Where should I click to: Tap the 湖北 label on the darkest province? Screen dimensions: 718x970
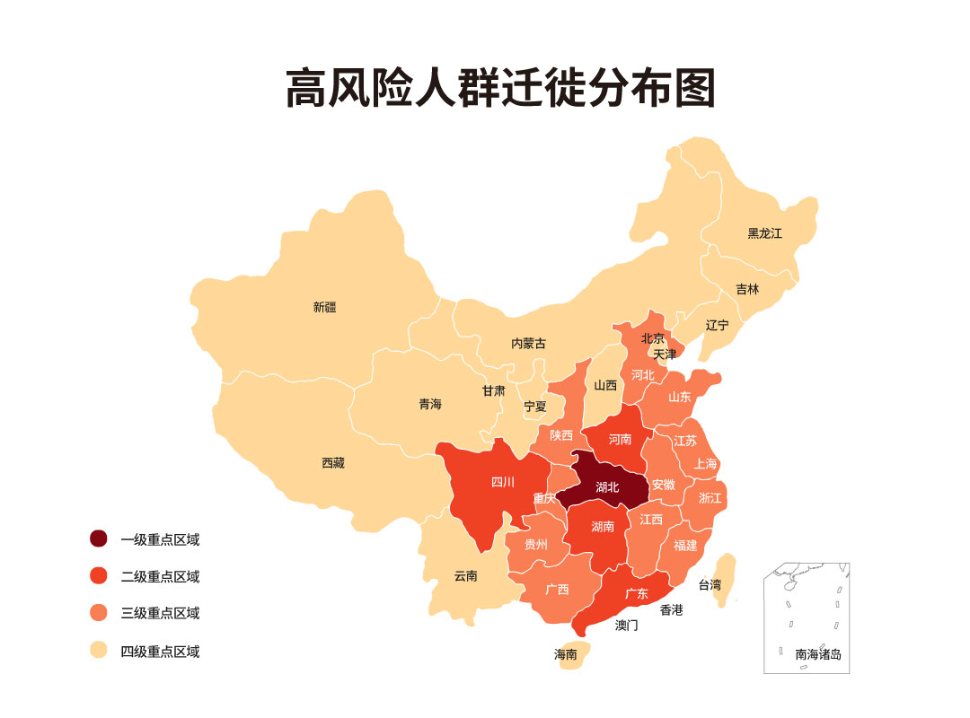608,487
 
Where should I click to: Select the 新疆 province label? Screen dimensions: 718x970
324,307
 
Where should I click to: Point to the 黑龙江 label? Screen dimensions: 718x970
764,233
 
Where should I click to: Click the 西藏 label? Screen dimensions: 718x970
332,463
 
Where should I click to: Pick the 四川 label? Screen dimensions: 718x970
503,482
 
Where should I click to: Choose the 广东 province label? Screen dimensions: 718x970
637,593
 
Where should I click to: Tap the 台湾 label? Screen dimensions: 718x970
710,584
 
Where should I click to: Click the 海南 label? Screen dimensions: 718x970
565,654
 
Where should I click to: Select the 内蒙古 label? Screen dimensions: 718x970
528,343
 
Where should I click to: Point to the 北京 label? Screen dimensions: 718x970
653,338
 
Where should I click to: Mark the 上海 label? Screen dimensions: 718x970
706,464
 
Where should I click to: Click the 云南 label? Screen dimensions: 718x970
465,575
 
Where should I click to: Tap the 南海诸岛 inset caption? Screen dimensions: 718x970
818,654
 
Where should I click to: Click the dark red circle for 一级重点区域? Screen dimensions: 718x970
99,538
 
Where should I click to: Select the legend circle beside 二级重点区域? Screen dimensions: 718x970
99,576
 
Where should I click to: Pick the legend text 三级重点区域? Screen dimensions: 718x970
160,614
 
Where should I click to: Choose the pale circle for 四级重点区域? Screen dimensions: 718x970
99,651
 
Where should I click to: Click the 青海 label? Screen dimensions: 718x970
430,404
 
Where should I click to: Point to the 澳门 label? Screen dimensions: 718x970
626,625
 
